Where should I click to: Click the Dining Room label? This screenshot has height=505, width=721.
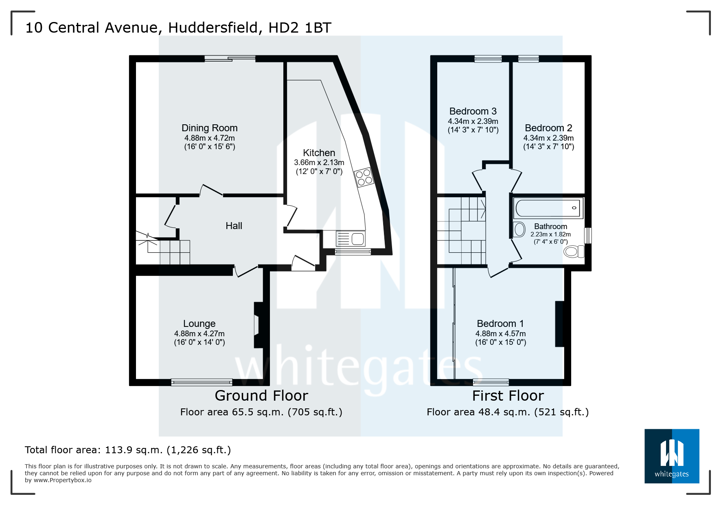[x=209, y=128]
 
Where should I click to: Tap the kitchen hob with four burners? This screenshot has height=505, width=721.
[x=364, y=177]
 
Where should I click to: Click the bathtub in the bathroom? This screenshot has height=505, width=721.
[x=548, y=208]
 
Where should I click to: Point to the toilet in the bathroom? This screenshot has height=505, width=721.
[x=573, y=251]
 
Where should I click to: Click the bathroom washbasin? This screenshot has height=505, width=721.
[x=519, y=229]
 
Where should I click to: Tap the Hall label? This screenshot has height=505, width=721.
[x=234, y=226]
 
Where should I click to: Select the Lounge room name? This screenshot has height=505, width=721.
[x=199, y=324]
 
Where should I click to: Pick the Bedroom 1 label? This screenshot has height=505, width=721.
[x=500, y=324]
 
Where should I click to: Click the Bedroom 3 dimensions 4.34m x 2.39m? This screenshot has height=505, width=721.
[x=473, y=121]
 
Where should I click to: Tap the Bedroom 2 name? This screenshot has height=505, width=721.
[x=548, y=128]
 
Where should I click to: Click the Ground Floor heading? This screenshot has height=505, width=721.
[x=261, y=396]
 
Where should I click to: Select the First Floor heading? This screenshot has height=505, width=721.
[x=508, y=396]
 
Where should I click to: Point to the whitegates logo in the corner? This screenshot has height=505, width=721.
[x=671, y=456]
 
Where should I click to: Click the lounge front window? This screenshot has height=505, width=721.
[x=202, y=382]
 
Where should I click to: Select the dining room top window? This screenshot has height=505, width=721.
[x=230, y=59]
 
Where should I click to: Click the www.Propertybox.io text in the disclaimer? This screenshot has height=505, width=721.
[x=63, y=480]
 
